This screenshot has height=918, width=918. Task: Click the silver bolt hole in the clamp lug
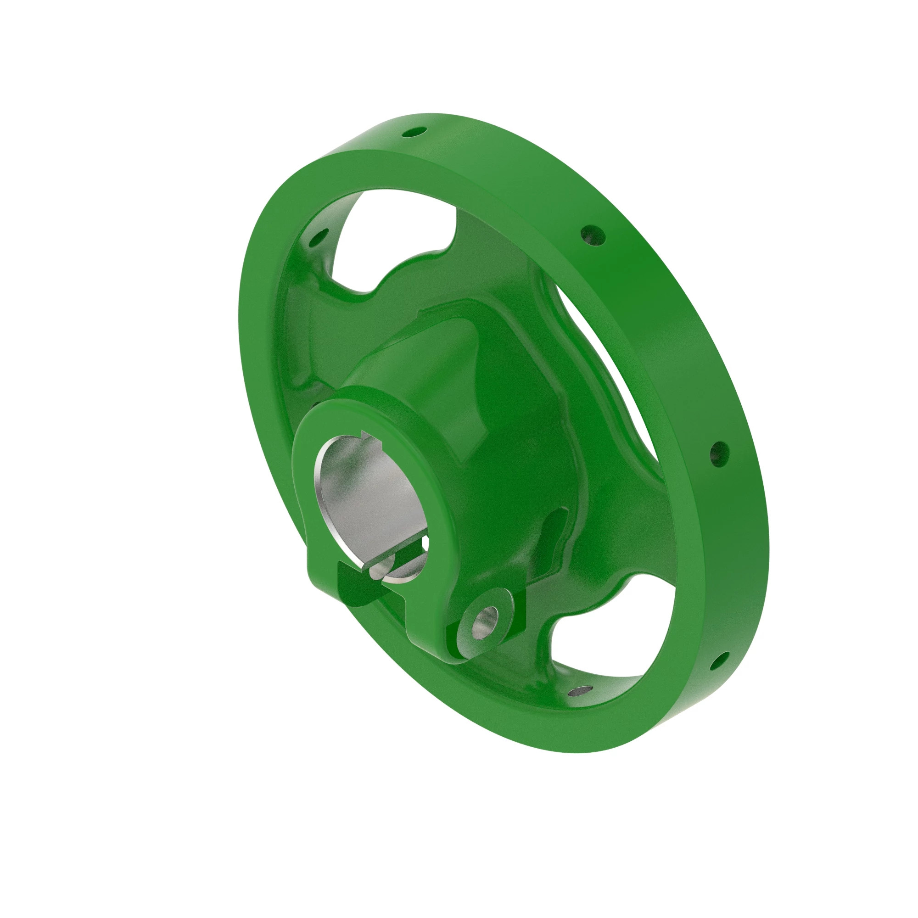pyautogui.click(x=487, y=619)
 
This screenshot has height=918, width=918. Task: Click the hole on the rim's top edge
pyautogui.click(x=414, y=132)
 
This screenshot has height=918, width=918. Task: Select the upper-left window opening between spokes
pyautogui.click(x=394, y=238)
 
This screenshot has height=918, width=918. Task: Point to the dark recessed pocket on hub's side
pyautogui.click(x=551, y=537)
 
